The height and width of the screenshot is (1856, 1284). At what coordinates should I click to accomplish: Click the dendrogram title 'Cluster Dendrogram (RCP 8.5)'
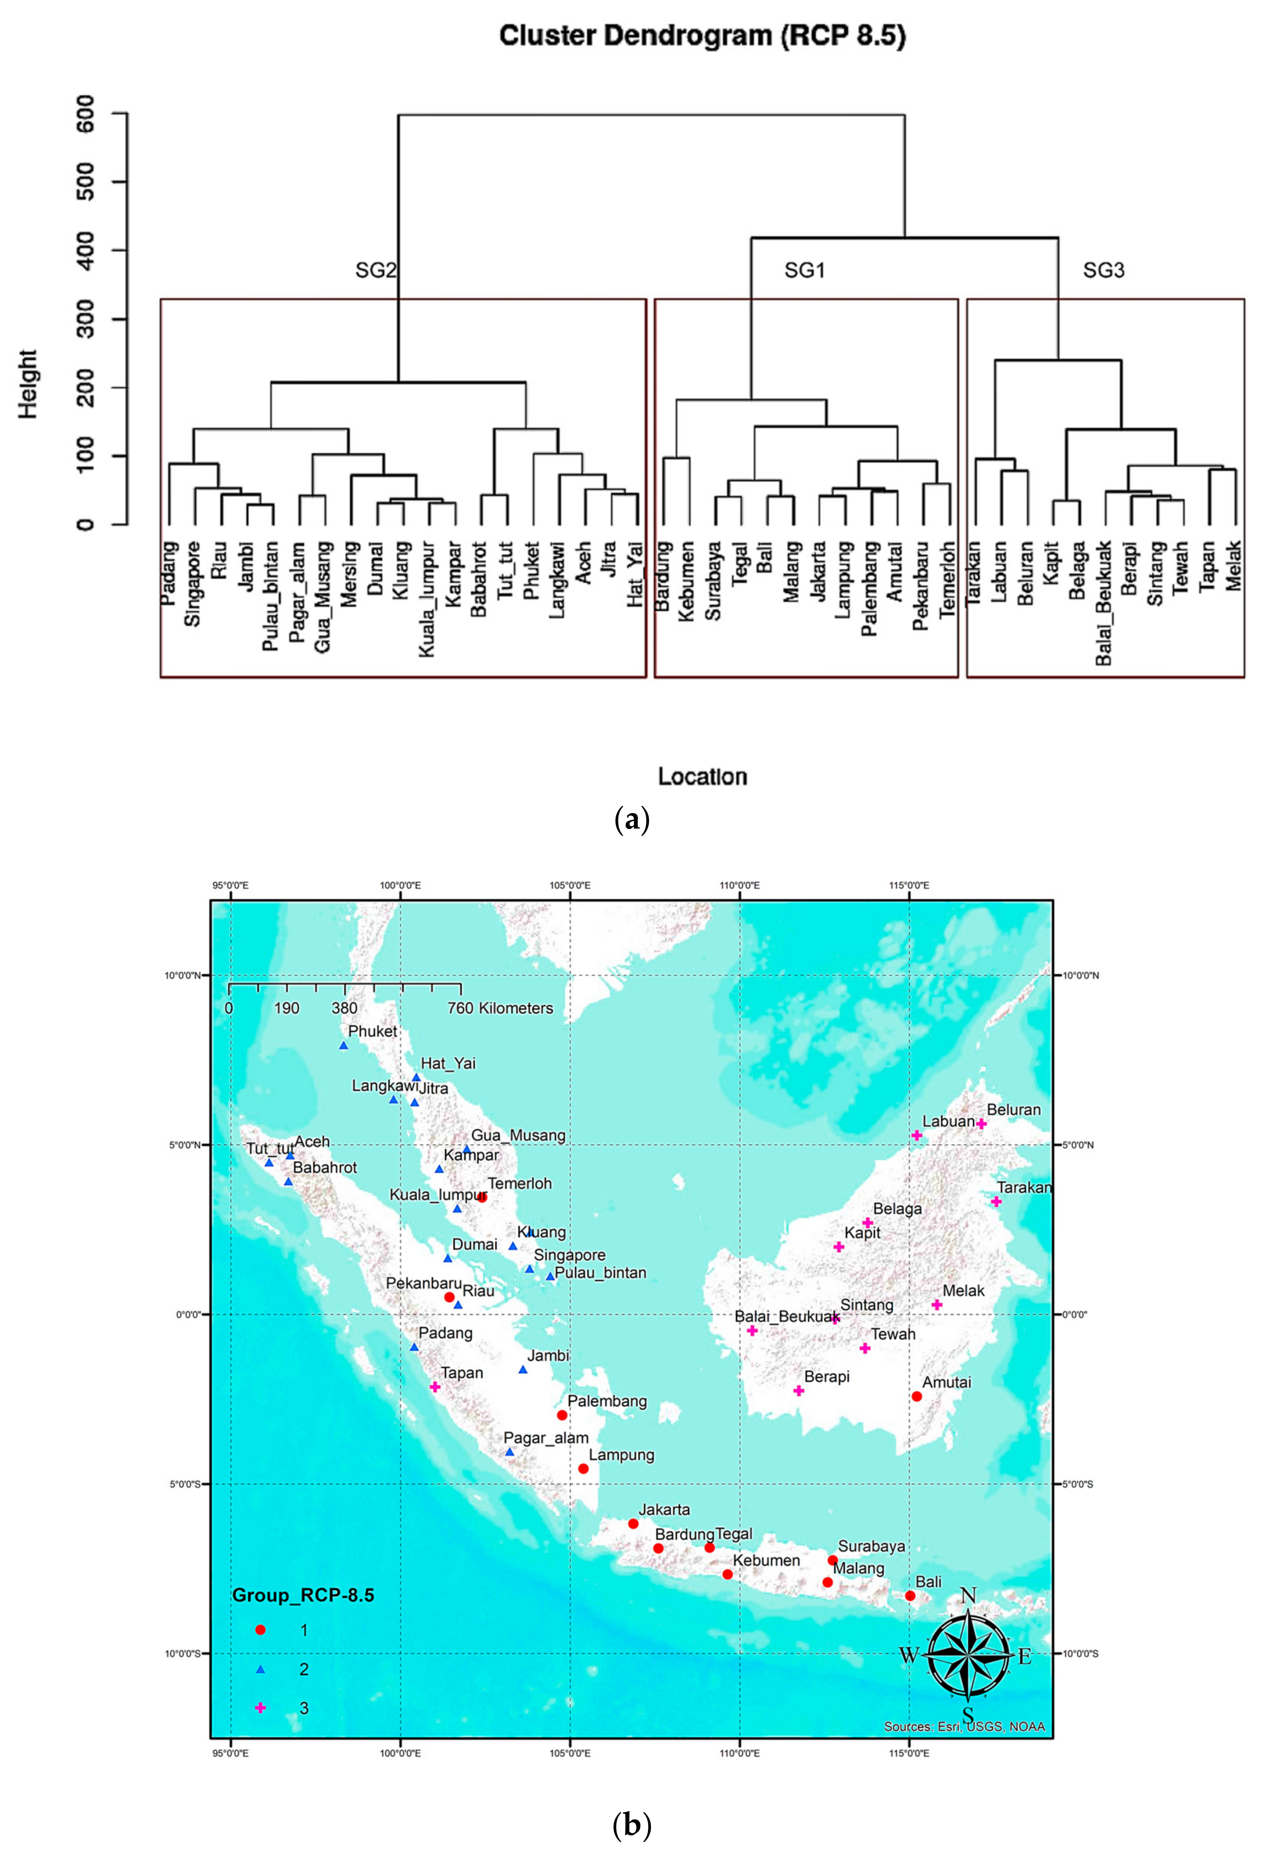click(x=702, y=36)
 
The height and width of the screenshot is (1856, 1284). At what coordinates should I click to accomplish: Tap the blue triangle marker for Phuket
click(x=343, y=1045)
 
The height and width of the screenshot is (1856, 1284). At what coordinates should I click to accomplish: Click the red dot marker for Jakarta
click(x=633, y=1524)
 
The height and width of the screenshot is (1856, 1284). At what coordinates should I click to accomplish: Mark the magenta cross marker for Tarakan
click(x=996, y=1202)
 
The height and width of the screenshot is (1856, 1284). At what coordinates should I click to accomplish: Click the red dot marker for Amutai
click(x=916, y=1397)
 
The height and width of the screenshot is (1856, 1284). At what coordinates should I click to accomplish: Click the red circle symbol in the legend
click(x=260, y=1630)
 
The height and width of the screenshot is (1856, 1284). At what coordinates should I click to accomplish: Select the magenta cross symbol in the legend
click(x=260, y=1707)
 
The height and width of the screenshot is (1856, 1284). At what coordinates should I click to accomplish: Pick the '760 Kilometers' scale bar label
click(x=500, y=1008)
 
